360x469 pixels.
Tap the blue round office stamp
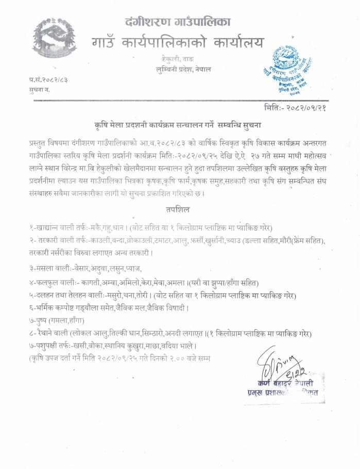tap(292, 69)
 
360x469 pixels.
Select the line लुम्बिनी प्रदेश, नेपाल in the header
tap(184, 69)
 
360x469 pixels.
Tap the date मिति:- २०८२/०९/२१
tap(294, 107)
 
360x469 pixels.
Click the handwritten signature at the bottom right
tap(280, 364)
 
